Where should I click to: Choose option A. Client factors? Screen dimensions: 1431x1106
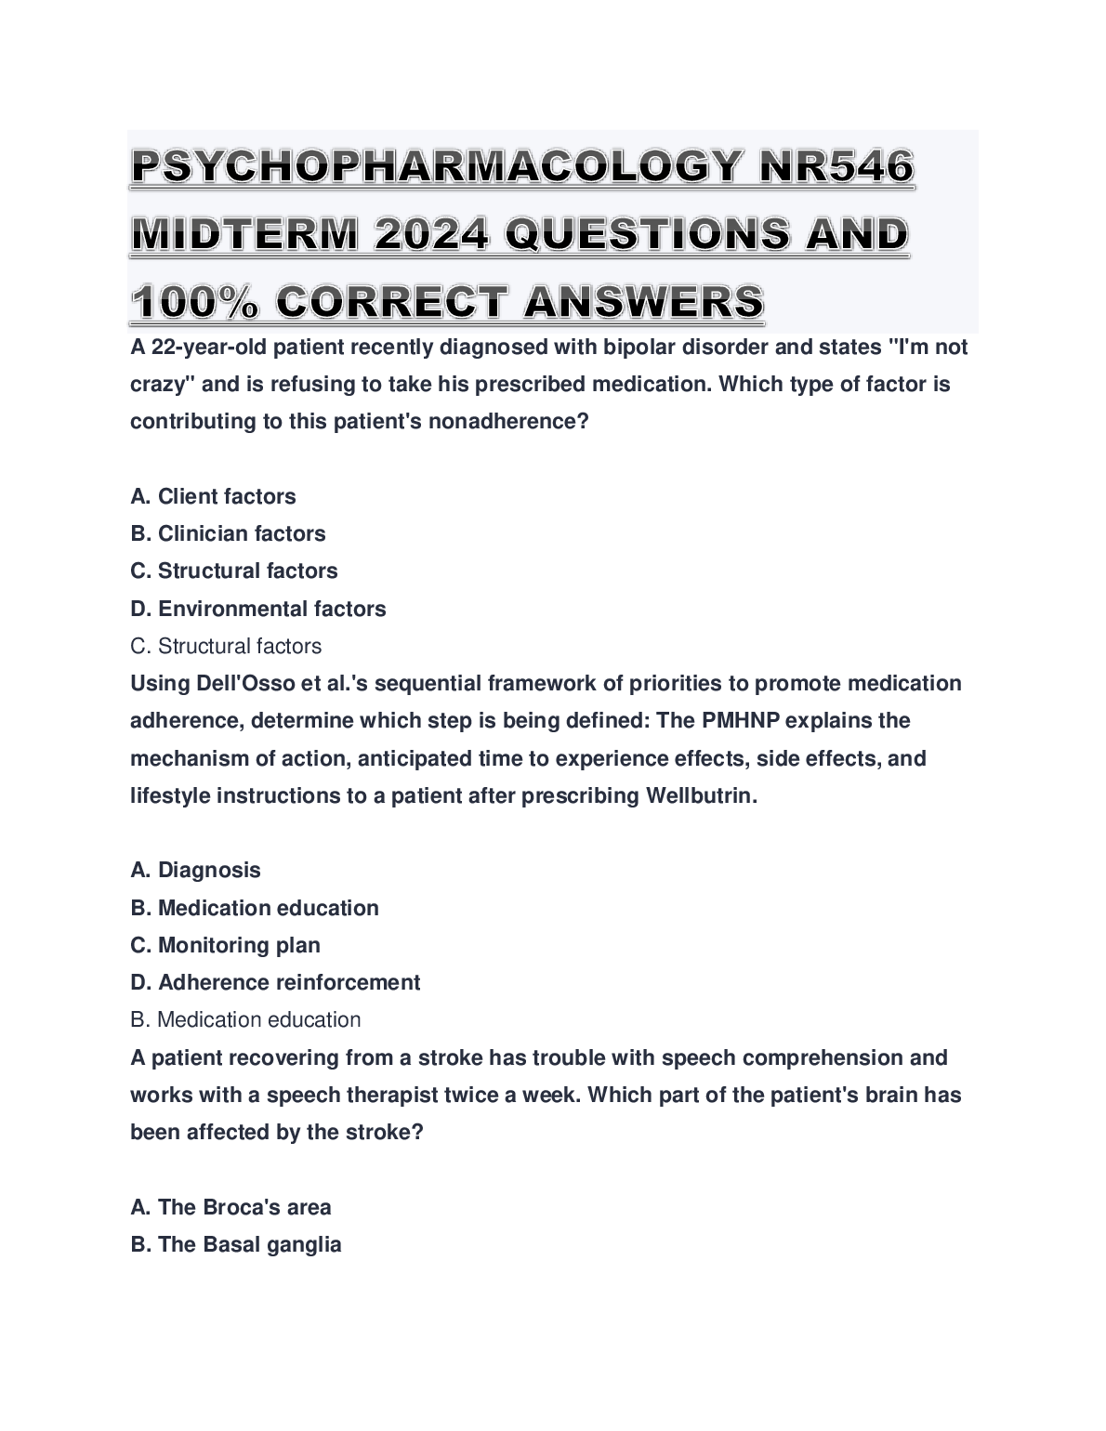(x=213, y=496)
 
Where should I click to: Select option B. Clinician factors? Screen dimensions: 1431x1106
(x=228, y=533)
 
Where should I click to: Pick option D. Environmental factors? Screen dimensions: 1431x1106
(x=257, y=609)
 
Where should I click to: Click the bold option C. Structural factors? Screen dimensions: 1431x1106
(x=233, y=571)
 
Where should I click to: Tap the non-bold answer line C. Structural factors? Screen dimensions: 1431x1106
(x=226, y=646)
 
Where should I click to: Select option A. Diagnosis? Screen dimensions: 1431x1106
(x=195, y=870)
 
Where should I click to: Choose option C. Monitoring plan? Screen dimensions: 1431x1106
(x=225, y=945)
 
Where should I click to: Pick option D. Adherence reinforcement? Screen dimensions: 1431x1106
(x=275, y=982)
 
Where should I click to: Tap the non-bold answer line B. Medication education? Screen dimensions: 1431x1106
(x=245, y=1019)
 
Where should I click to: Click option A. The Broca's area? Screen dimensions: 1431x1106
(x=230, y=1207)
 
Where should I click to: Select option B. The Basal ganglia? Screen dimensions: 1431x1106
(x=236, y=1244)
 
